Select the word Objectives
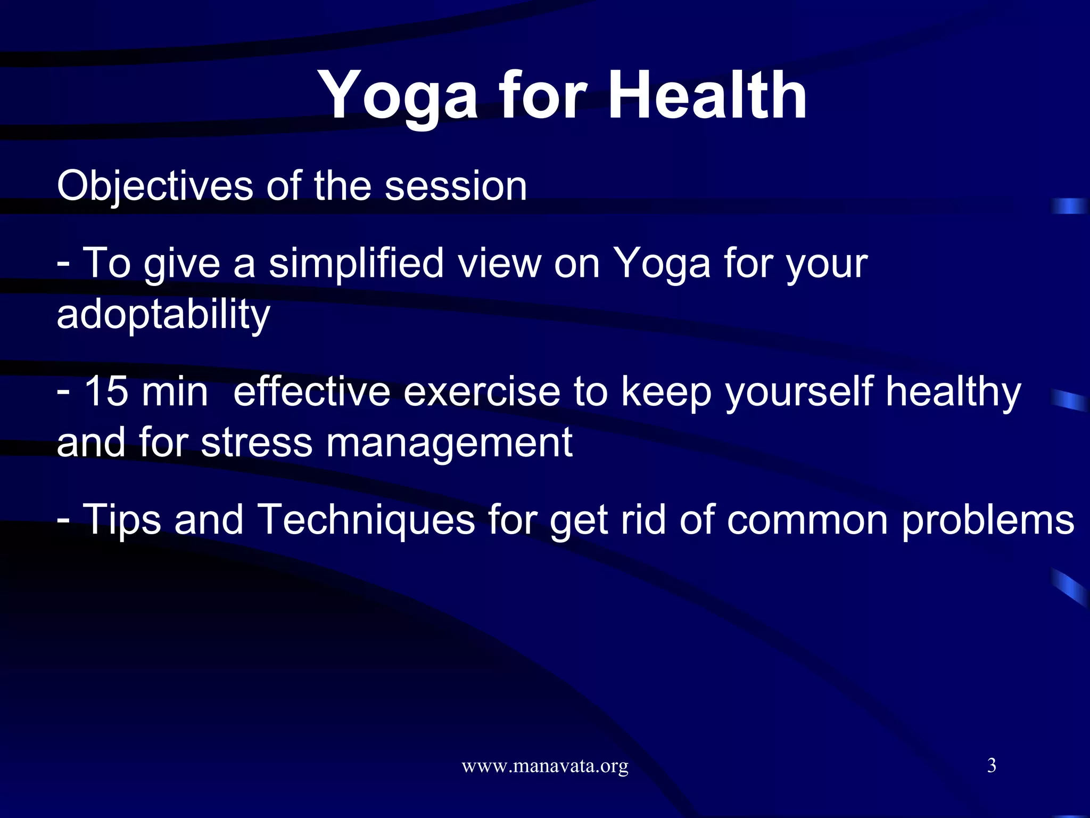[155, 186]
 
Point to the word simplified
[356, 263]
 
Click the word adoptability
[163, 314]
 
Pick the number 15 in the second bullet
[106, 391]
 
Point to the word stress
[257, 443]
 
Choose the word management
[449, 443]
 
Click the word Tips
[122, 520]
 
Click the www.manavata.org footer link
[544, 766]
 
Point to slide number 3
[992, 765]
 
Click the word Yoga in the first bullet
[662, 263]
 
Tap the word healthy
[953, 391]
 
